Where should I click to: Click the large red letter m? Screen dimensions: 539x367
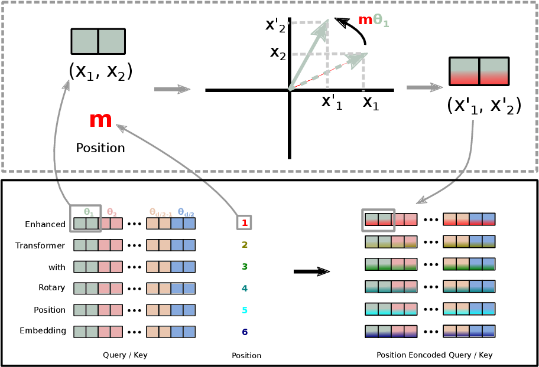pyautogui.click(x=100, y=120)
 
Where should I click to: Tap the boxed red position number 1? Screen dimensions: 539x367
pyautogui.click(x=245, y=223)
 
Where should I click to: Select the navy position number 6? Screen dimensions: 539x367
pyautogui.click(x=245, y=332)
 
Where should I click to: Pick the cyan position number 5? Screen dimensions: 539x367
pyautogui.click(x=245, y=310)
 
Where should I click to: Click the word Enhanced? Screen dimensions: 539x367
pyautogui.click(x=45, y=224)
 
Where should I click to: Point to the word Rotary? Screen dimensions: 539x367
pyautogui.click(x=51, y=288)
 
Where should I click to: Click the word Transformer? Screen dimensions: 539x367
pyautogui.click(x=40, y=245)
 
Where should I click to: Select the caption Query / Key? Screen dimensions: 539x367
pyautogui.click(x=125, y=355)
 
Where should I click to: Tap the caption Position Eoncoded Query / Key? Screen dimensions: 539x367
pyautogui.click(x=434, y=355)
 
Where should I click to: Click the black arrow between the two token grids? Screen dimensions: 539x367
pyautogui.click(x=311, y=271)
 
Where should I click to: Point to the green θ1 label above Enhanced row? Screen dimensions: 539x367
pyautogui.click(x=89, y=212)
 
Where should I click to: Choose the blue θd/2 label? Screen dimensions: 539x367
pyautogui.click(x=186, y=212)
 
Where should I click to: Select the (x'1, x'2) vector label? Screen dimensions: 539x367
pyautogui.click(x=484, y=106)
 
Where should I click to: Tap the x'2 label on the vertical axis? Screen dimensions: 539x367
pyautogui.click(x=275, y=25)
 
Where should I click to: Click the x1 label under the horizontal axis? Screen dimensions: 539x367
pyautogui.click(x=371, y=103)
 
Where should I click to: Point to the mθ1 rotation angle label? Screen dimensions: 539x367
pyautogui.click(x=374, y=21)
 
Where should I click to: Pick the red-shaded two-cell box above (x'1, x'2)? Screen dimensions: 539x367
pyautogui.click(x=479, y=71)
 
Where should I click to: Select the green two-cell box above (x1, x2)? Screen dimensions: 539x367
pyautogui.click(x=98, y=41)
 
